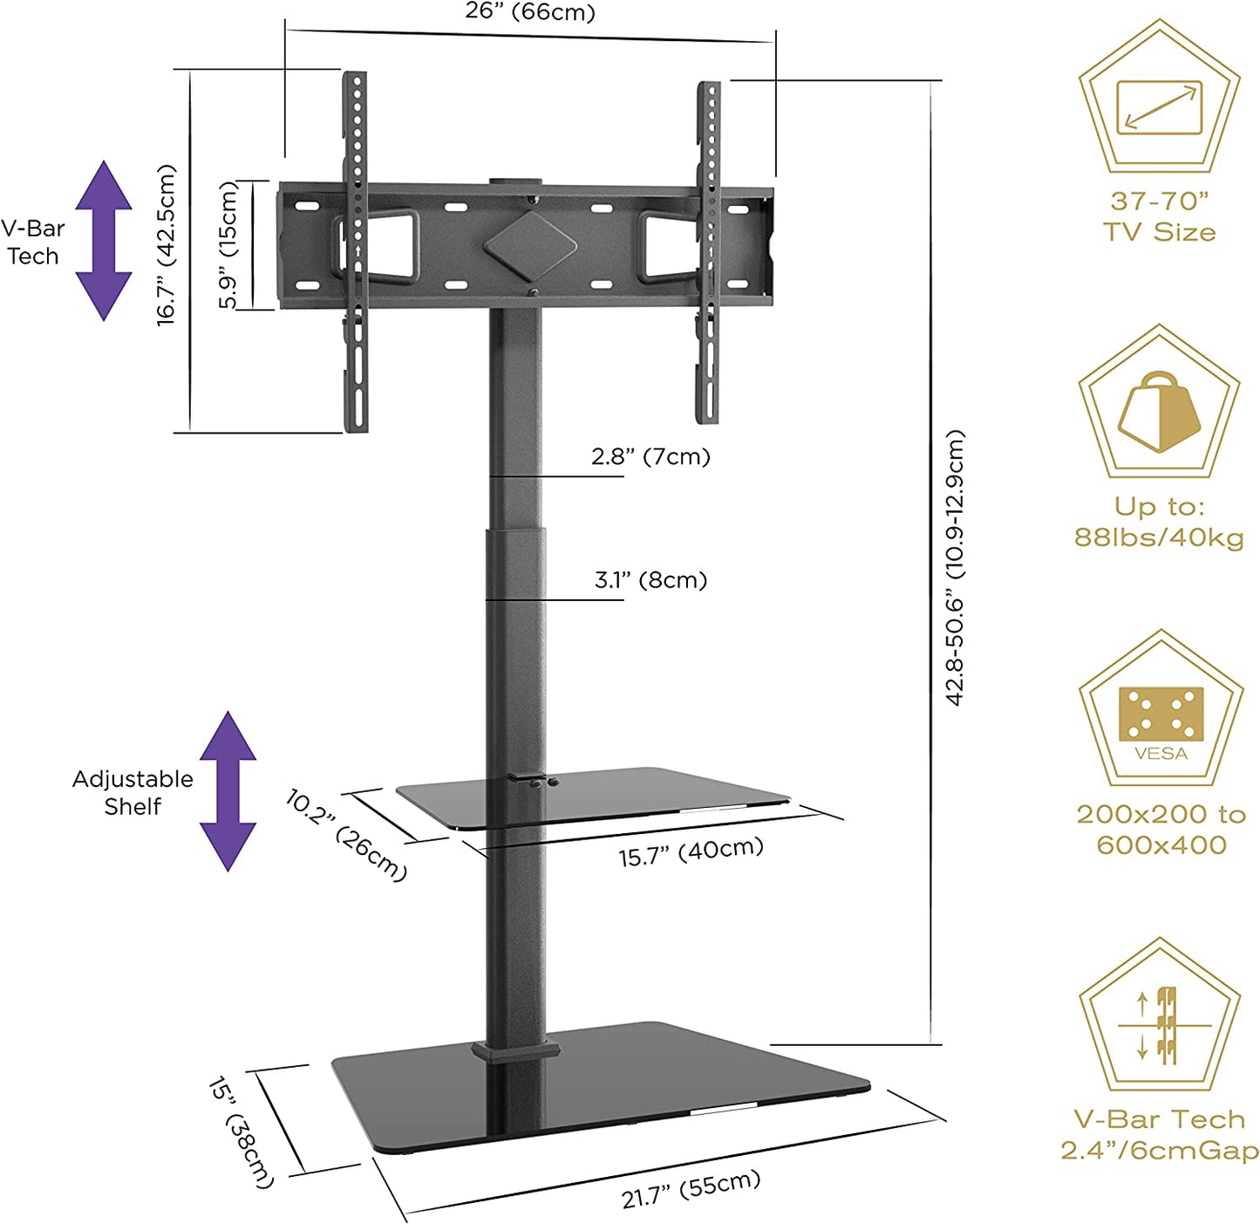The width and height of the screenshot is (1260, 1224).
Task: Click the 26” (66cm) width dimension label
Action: pyautogui.click(x=529, y=12)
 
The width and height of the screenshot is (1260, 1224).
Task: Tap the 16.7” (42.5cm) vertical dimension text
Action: pyautogui.click(x=167, y=246)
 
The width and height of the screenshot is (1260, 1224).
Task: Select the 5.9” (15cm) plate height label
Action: pyautogui.click(x=228, y=245)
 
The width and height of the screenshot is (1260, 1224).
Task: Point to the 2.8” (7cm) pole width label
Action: pyautogui.click(x=650, y=456)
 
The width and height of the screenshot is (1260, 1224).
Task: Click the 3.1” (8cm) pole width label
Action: pyautogui.click(x=650, y=580)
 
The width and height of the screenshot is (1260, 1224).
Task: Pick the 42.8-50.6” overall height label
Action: pyautogui.click(x=956, y=567)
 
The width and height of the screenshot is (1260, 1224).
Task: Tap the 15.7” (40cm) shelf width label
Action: pyautogui.click(x=691, y=852)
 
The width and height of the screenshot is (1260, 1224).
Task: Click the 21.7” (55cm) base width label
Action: pyautogui.click(x=691, y=1189)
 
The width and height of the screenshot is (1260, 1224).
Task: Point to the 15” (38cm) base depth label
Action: pyautogui.click(x=241, y=1132)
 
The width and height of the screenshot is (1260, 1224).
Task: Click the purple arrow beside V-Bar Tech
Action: pyautogui.click(x=104, y=241)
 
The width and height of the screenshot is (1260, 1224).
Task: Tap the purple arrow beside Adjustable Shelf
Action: pyautogui.click(x=228, y=791)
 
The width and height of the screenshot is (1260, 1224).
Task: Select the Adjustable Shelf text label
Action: pyautogui.click(x=133, y=792)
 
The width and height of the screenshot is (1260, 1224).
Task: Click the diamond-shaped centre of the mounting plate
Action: pyautogui.click(x=530, y=245)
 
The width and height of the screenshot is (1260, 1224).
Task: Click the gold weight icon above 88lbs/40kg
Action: pyautogui.click(x=1159, y=411)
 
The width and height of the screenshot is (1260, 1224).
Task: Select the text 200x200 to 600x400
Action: pyautogui.click(x=1161, y=830)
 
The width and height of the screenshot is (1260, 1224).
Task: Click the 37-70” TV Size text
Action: pyautogui.click(x=1159, y=216)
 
